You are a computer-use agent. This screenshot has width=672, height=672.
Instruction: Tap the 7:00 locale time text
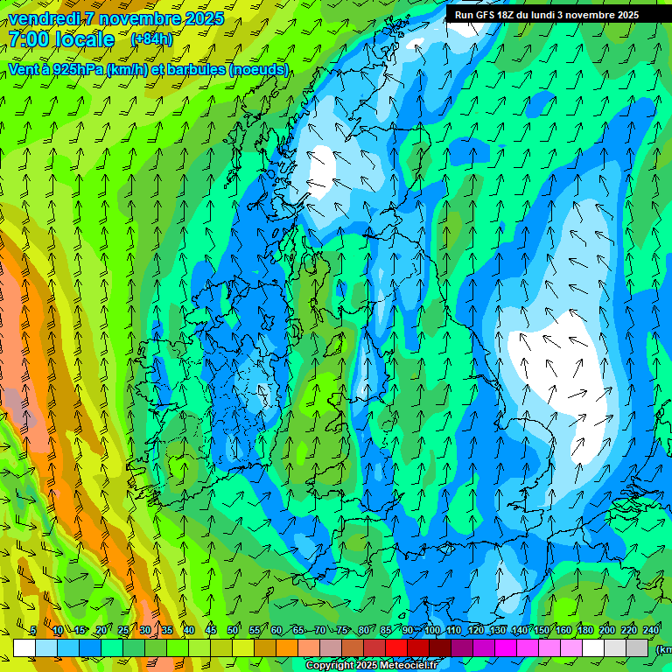click(61, 39)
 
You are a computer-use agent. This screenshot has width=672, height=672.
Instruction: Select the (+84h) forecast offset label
click(151, 39)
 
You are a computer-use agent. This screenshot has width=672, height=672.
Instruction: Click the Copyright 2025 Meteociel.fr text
click(370, 666)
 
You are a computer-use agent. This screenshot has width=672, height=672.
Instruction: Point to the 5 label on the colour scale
click(33, 630)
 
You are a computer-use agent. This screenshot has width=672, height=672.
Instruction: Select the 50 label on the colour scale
click(232, 630)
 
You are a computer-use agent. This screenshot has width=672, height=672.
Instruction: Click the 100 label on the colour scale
click(432, 630)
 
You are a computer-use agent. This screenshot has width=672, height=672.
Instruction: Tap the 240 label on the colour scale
click(651, 630)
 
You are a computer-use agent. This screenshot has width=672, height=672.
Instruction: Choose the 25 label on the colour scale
click(122, 630)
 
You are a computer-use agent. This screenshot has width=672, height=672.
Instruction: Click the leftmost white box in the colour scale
click(24, 647)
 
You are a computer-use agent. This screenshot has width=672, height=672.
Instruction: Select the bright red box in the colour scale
click(396, 647)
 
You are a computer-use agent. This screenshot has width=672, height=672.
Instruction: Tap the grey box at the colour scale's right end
click(638, 647)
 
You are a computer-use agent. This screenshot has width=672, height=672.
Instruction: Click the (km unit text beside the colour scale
click(663, 649)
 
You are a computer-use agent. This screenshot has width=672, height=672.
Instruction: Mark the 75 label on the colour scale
click(342, 630)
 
